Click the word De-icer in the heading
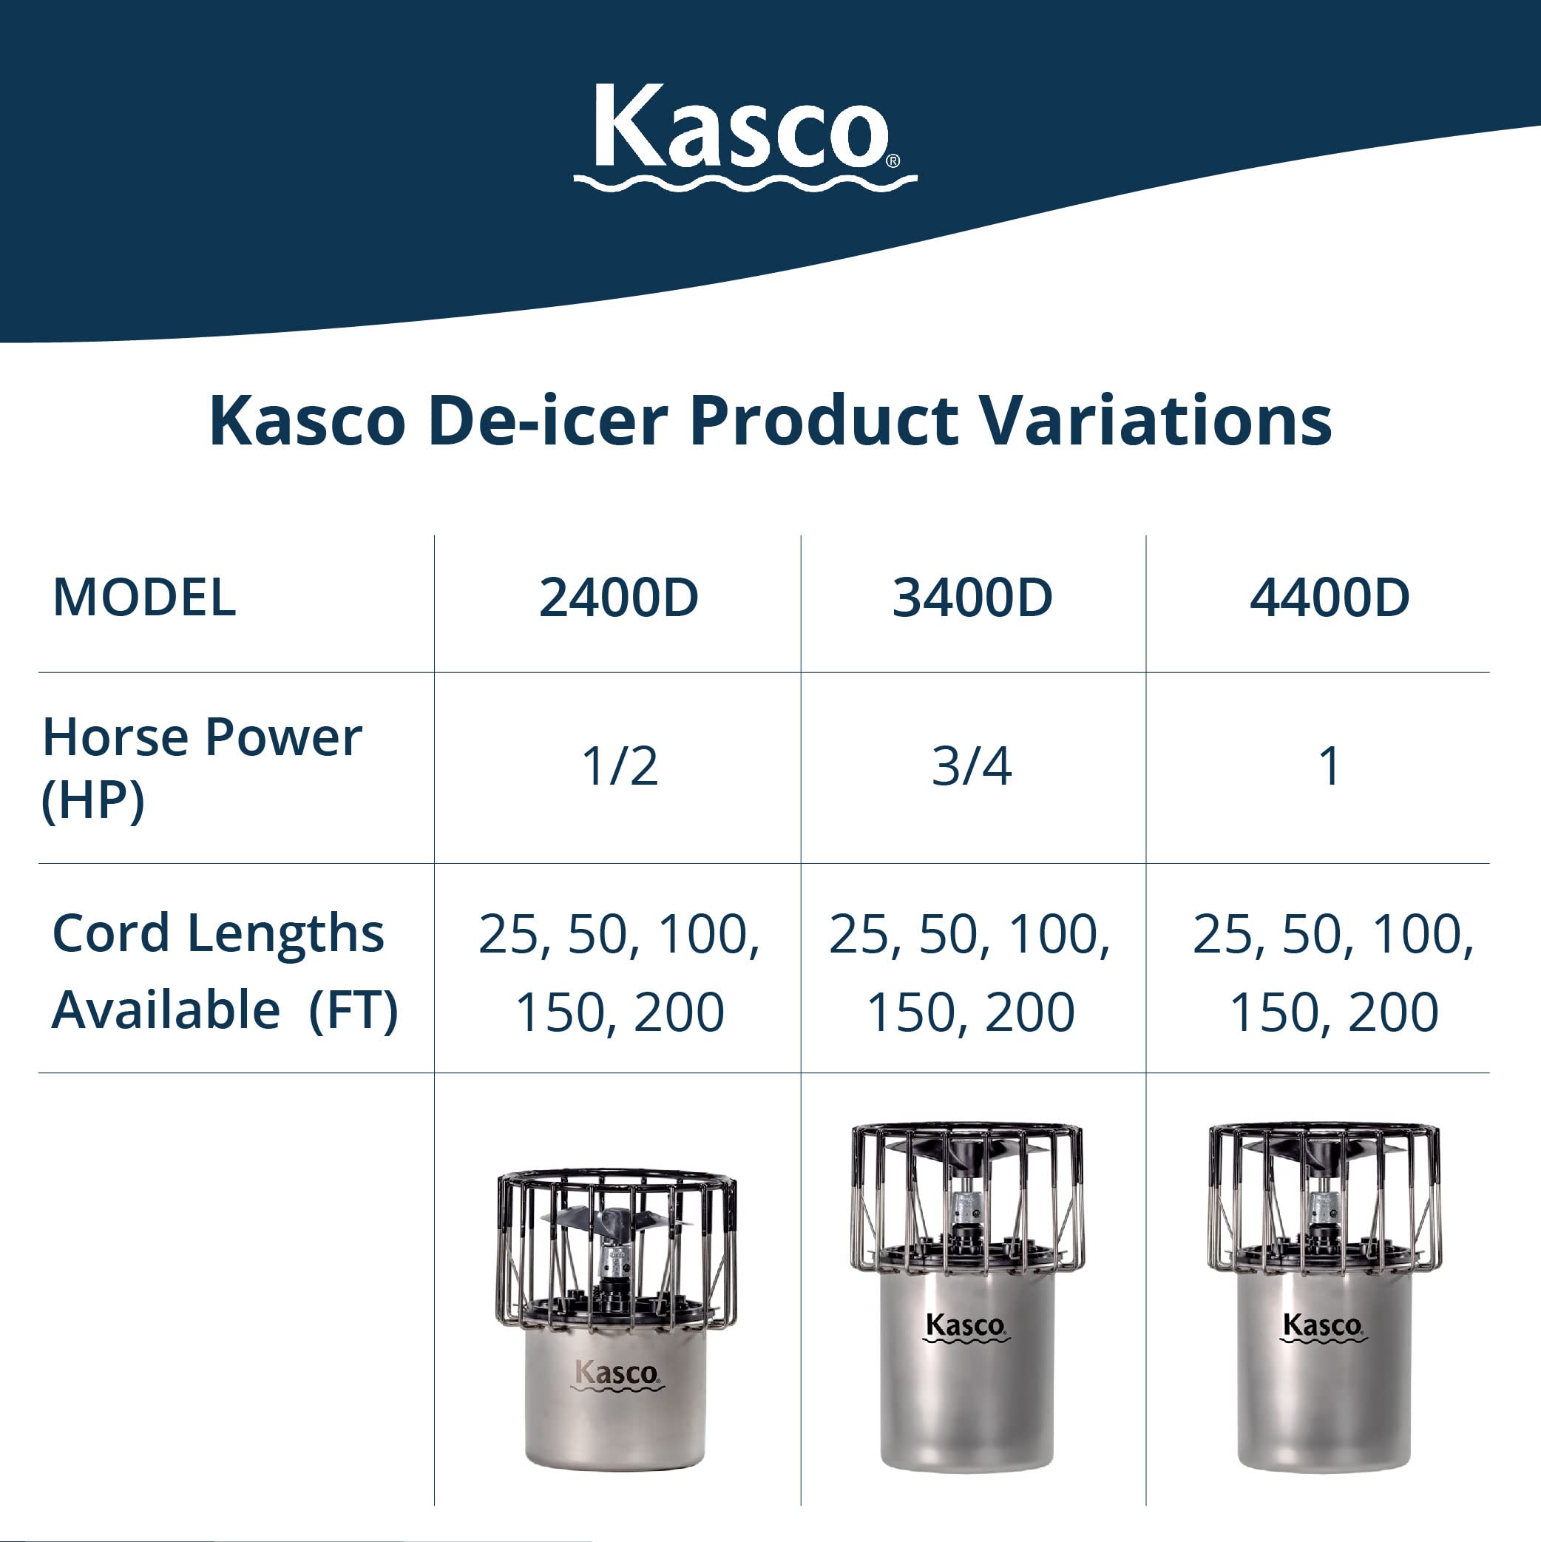[x=547, y=421]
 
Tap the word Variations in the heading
[x=1156, y=421]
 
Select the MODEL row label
[x=144, y=597]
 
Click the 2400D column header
[x=618, y=597]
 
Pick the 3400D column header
[x=972, y=597]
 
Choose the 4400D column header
[x=1330, y=597]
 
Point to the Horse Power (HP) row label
[x=201, y=767]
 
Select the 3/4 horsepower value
[x=971, y=767]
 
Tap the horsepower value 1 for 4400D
[x=1329, y=767]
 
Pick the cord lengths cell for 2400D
[x=619, y=972]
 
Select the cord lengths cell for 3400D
[x=970, y=972]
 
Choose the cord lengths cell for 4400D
[x=1332, y=972]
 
